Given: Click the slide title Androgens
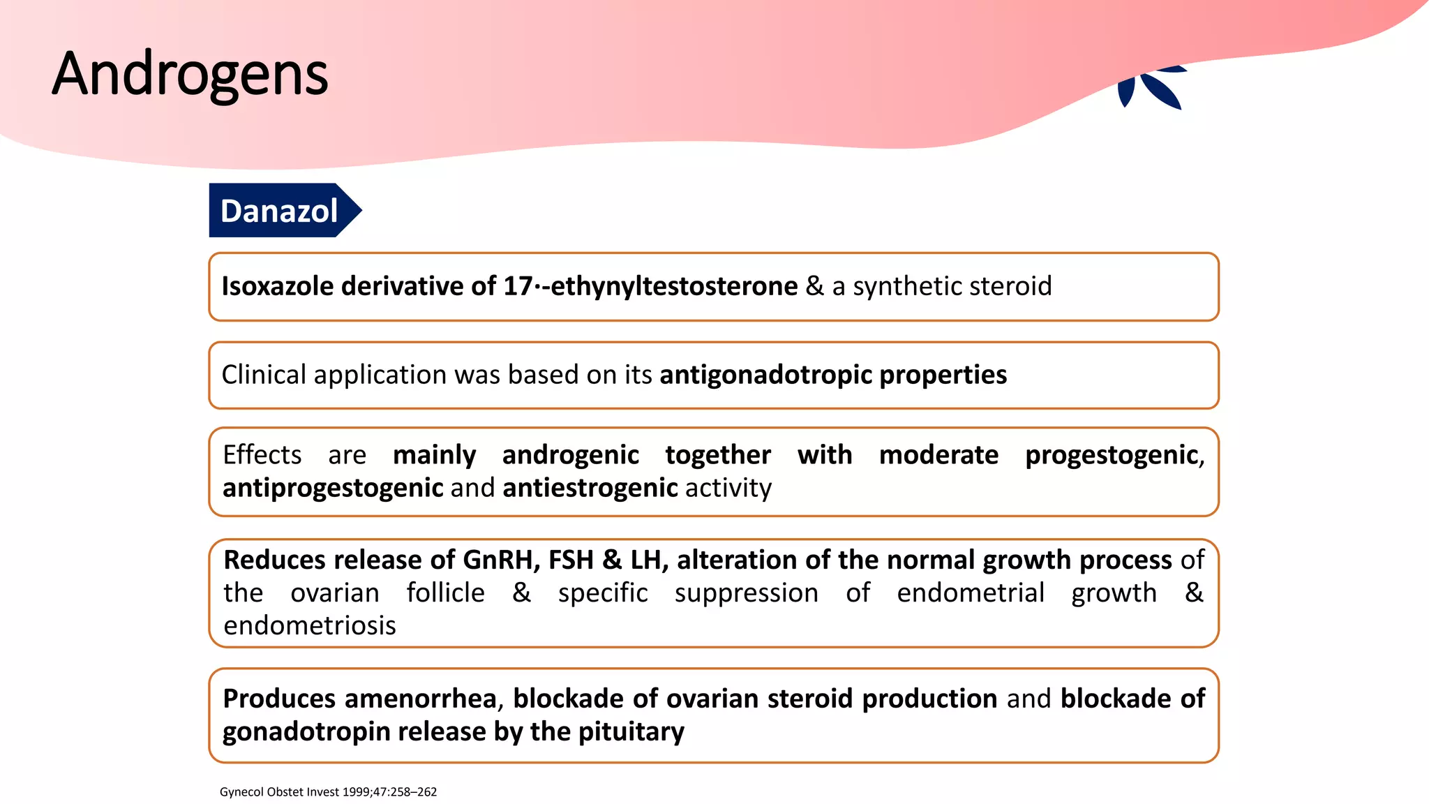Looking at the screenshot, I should click(190, 74).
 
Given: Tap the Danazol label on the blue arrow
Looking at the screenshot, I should click(278, 211).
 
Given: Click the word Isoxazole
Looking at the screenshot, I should click(277, 286).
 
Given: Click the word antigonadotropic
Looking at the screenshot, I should click(765, 375).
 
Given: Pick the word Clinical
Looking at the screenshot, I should click(264, 375).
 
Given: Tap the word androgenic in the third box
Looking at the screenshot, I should click(570, 455).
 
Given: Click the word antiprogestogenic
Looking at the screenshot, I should click(333, 488).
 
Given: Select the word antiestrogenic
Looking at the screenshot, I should click(590, 488).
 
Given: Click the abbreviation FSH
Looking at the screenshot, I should click(571, 560).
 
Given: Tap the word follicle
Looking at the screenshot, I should click(445, 593).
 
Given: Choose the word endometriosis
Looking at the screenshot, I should click(309, 626).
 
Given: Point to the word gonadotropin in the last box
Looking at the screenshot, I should click(306, 731).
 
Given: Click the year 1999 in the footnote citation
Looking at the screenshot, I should click(357, 792).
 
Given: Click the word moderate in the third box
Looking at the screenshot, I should click(938, 455).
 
